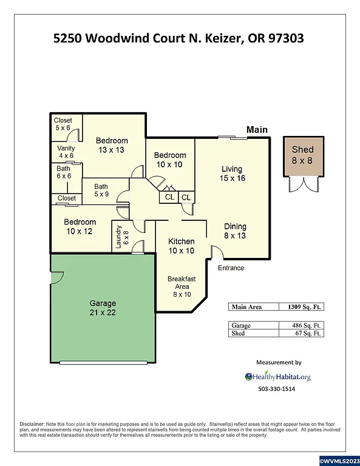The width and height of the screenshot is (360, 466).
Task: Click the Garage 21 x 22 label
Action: (x=103, y=308)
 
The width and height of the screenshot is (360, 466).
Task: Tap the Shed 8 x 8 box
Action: (x=302, y=155)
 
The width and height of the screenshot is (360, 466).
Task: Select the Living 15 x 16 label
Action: (x=231, y=174)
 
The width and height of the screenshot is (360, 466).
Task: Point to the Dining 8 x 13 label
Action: (x=234, y=231)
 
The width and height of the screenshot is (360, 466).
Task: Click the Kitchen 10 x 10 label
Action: (x=181, y=246)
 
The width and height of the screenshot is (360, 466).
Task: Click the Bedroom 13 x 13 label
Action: (x=112, y=145)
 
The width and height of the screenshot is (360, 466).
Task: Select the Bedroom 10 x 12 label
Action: (x=80, y=226)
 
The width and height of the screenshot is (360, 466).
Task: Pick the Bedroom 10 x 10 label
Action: (x=169, y=160)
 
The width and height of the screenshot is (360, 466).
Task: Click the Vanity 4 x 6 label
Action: (x=66, y=152)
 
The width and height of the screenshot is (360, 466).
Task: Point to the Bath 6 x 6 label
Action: (x=64, y=172)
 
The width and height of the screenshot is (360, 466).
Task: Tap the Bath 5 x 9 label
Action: (x=101, y=191)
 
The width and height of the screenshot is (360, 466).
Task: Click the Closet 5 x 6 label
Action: (x=63, y=124)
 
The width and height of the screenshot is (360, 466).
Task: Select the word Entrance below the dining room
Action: (x=231, y=268)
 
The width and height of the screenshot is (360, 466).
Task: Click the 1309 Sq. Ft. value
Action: (x=300, y=307)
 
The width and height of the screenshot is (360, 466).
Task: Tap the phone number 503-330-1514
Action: (x=276, y=388)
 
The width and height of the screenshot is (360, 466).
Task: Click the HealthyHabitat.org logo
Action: (x=277, y=376)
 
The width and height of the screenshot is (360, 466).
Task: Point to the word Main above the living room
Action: (x=257, y=129)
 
